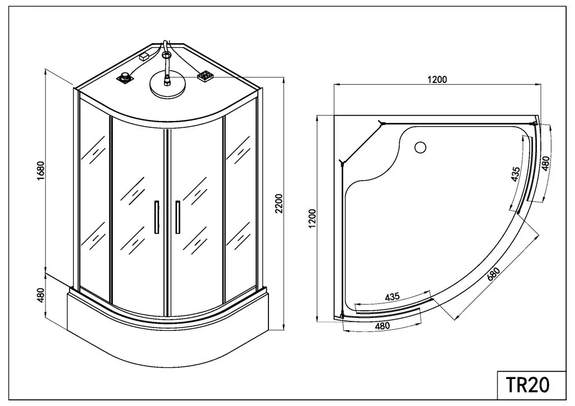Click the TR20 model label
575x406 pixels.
click(x=528, y=385)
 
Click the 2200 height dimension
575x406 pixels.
click(x=279, y=204)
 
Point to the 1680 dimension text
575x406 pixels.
click(x=40, y=170)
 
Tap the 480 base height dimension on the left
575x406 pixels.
click(x=40, y=295)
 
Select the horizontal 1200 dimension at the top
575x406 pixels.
click(x=437, y=80)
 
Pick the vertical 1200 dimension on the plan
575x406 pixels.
click(x=312, y=219)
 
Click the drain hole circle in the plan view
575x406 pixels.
click(x=420, y=147)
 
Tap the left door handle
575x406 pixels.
click(x=156, y=216)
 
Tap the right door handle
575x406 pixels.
click(x=178, y=216)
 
